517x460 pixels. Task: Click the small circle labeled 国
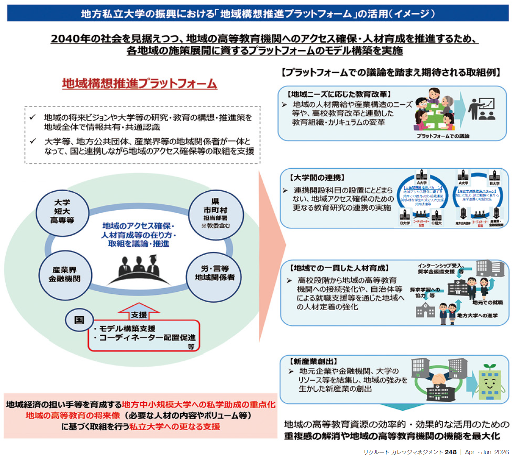tap(79, 319)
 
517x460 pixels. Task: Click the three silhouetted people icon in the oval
tap(138, 270)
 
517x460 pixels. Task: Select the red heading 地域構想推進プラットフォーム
tap(140, 84)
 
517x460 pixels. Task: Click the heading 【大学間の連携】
tap(317, 178)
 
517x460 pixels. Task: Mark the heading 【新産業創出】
tap(314, 361)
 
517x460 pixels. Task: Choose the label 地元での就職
tap(487, 303)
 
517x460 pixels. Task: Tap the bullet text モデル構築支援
tap(127, 329)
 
